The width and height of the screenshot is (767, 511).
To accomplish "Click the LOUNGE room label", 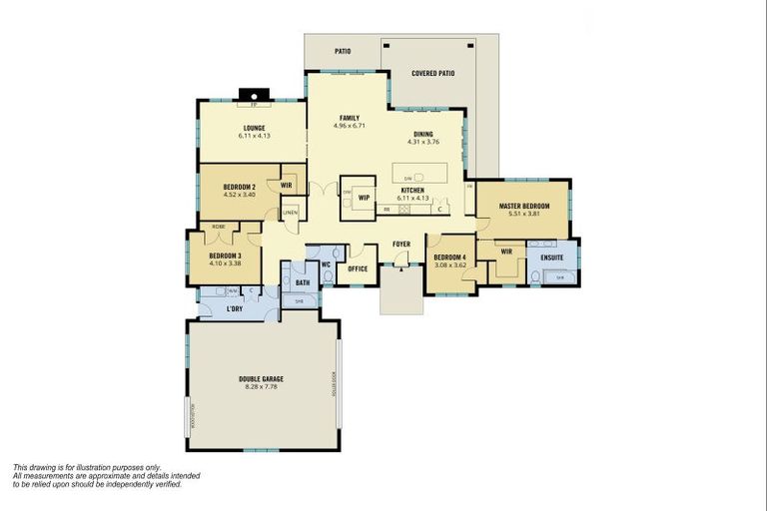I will (255, 128).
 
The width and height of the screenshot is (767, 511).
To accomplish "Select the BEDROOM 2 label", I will (239, 188).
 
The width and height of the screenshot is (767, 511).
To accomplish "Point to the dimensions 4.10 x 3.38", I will (224, 263).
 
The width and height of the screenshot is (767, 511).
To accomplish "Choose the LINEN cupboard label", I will (290, 213).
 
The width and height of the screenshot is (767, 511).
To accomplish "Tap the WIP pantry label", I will (365, 197).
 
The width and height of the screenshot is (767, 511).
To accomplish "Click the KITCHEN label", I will (412, 190).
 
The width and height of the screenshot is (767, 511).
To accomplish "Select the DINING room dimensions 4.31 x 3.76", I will (423, 142).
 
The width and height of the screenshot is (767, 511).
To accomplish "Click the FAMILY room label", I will (349, 118).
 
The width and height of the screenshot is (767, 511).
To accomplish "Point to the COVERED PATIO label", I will (432, 73).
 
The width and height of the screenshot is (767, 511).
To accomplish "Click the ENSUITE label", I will (551, 257).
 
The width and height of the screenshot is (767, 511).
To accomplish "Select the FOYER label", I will (401, 244).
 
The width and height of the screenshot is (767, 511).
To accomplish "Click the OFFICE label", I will (358, 267).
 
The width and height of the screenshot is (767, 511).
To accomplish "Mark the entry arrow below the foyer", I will (401, 267).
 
